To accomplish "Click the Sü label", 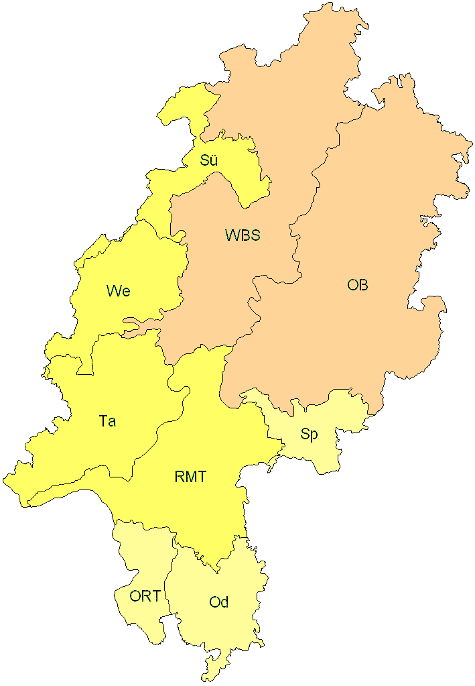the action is click(209, 160).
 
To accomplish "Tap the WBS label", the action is click(243, 235).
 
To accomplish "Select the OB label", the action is click(357, 285).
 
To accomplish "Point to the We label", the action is click(118, 291).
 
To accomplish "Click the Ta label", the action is click(107, 421).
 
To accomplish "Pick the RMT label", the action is click(190, 477).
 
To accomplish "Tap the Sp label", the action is click(309, 434).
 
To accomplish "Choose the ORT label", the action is click(145, 595).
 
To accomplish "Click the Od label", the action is click(219, 602).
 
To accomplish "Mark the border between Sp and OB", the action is click(315, 405).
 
